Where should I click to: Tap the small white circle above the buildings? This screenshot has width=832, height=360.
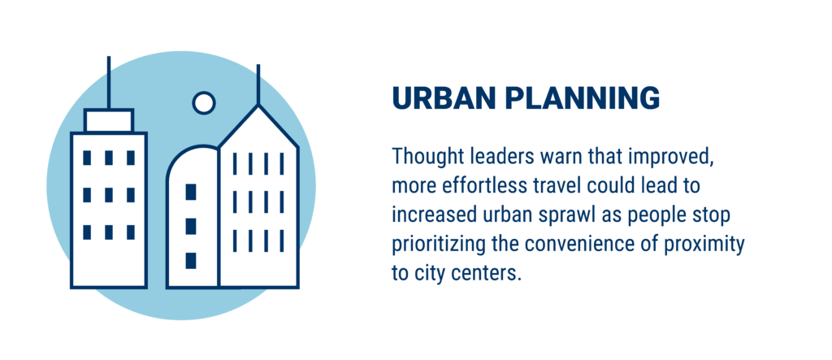tap(204, 102)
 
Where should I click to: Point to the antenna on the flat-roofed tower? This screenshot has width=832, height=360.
tap(109, 82)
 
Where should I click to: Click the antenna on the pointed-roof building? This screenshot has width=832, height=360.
tap(258, 85)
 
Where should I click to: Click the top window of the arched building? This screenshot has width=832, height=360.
tap(191, 192)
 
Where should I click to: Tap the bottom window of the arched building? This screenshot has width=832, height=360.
tap(191, 261)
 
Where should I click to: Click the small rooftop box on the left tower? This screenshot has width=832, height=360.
tap(109, 120)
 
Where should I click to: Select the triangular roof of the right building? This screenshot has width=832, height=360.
tap(258, 127)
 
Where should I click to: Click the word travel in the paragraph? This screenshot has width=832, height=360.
tap(570, 187)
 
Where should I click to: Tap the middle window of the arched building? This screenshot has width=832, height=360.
tap(191, 226)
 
